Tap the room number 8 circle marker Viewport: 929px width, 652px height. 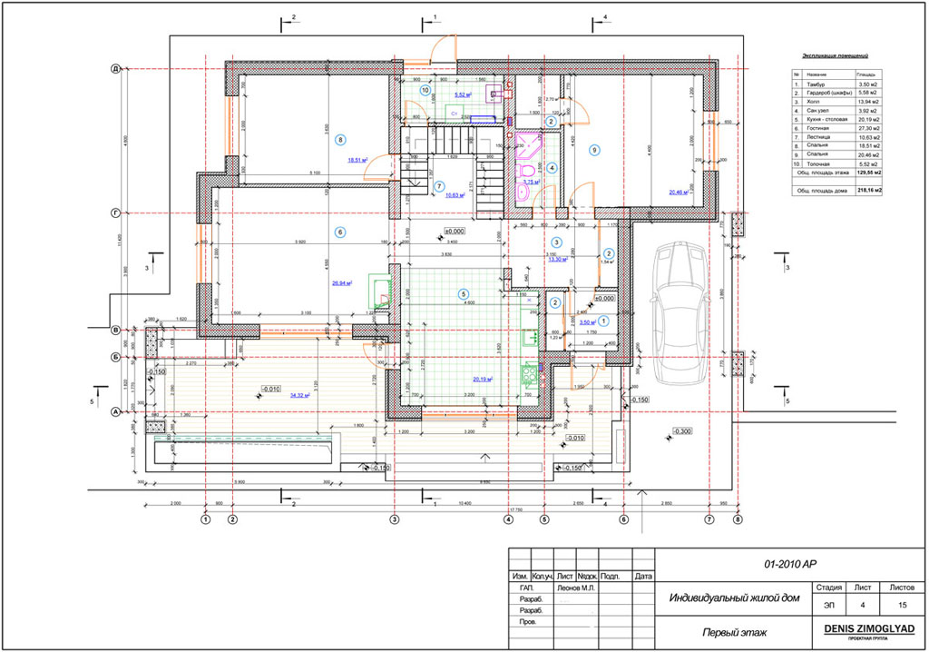[340, 140]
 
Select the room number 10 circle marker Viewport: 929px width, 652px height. [425, 90]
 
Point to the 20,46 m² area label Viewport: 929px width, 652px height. [680, 192]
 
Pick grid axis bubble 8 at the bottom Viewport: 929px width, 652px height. [738, 520]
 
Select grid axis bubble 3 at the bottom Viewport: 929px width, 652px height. [394, 520]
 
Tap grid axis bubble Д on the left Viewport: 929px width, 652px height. [115, 68]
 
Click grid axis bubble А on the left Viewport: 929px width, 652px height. [115, 412]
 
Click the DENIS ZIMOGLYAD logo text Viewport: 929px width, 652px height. [869, 628]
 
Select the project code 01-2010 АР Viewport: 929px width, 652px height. [791, 563]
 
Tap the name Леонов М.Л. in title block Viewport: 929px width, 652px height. [575, 588]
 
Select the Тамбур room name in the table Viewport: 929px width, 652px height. [814, 84]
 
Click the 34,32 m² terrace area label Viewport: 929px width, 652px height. [298, 396]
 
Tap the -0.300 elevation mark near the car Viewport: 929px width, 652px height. [682, 431]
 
